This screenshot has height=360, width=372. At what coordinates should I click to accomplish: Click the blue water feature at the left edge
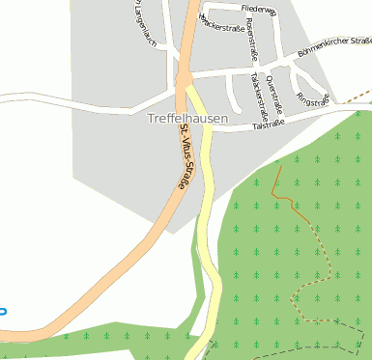pos(2,311)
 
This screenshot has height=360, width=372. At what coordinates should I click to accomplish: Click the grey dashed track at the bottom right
pos(309,349)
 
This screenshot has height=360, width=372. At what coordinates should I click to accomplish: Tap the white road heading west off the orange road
pos(77,99)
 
